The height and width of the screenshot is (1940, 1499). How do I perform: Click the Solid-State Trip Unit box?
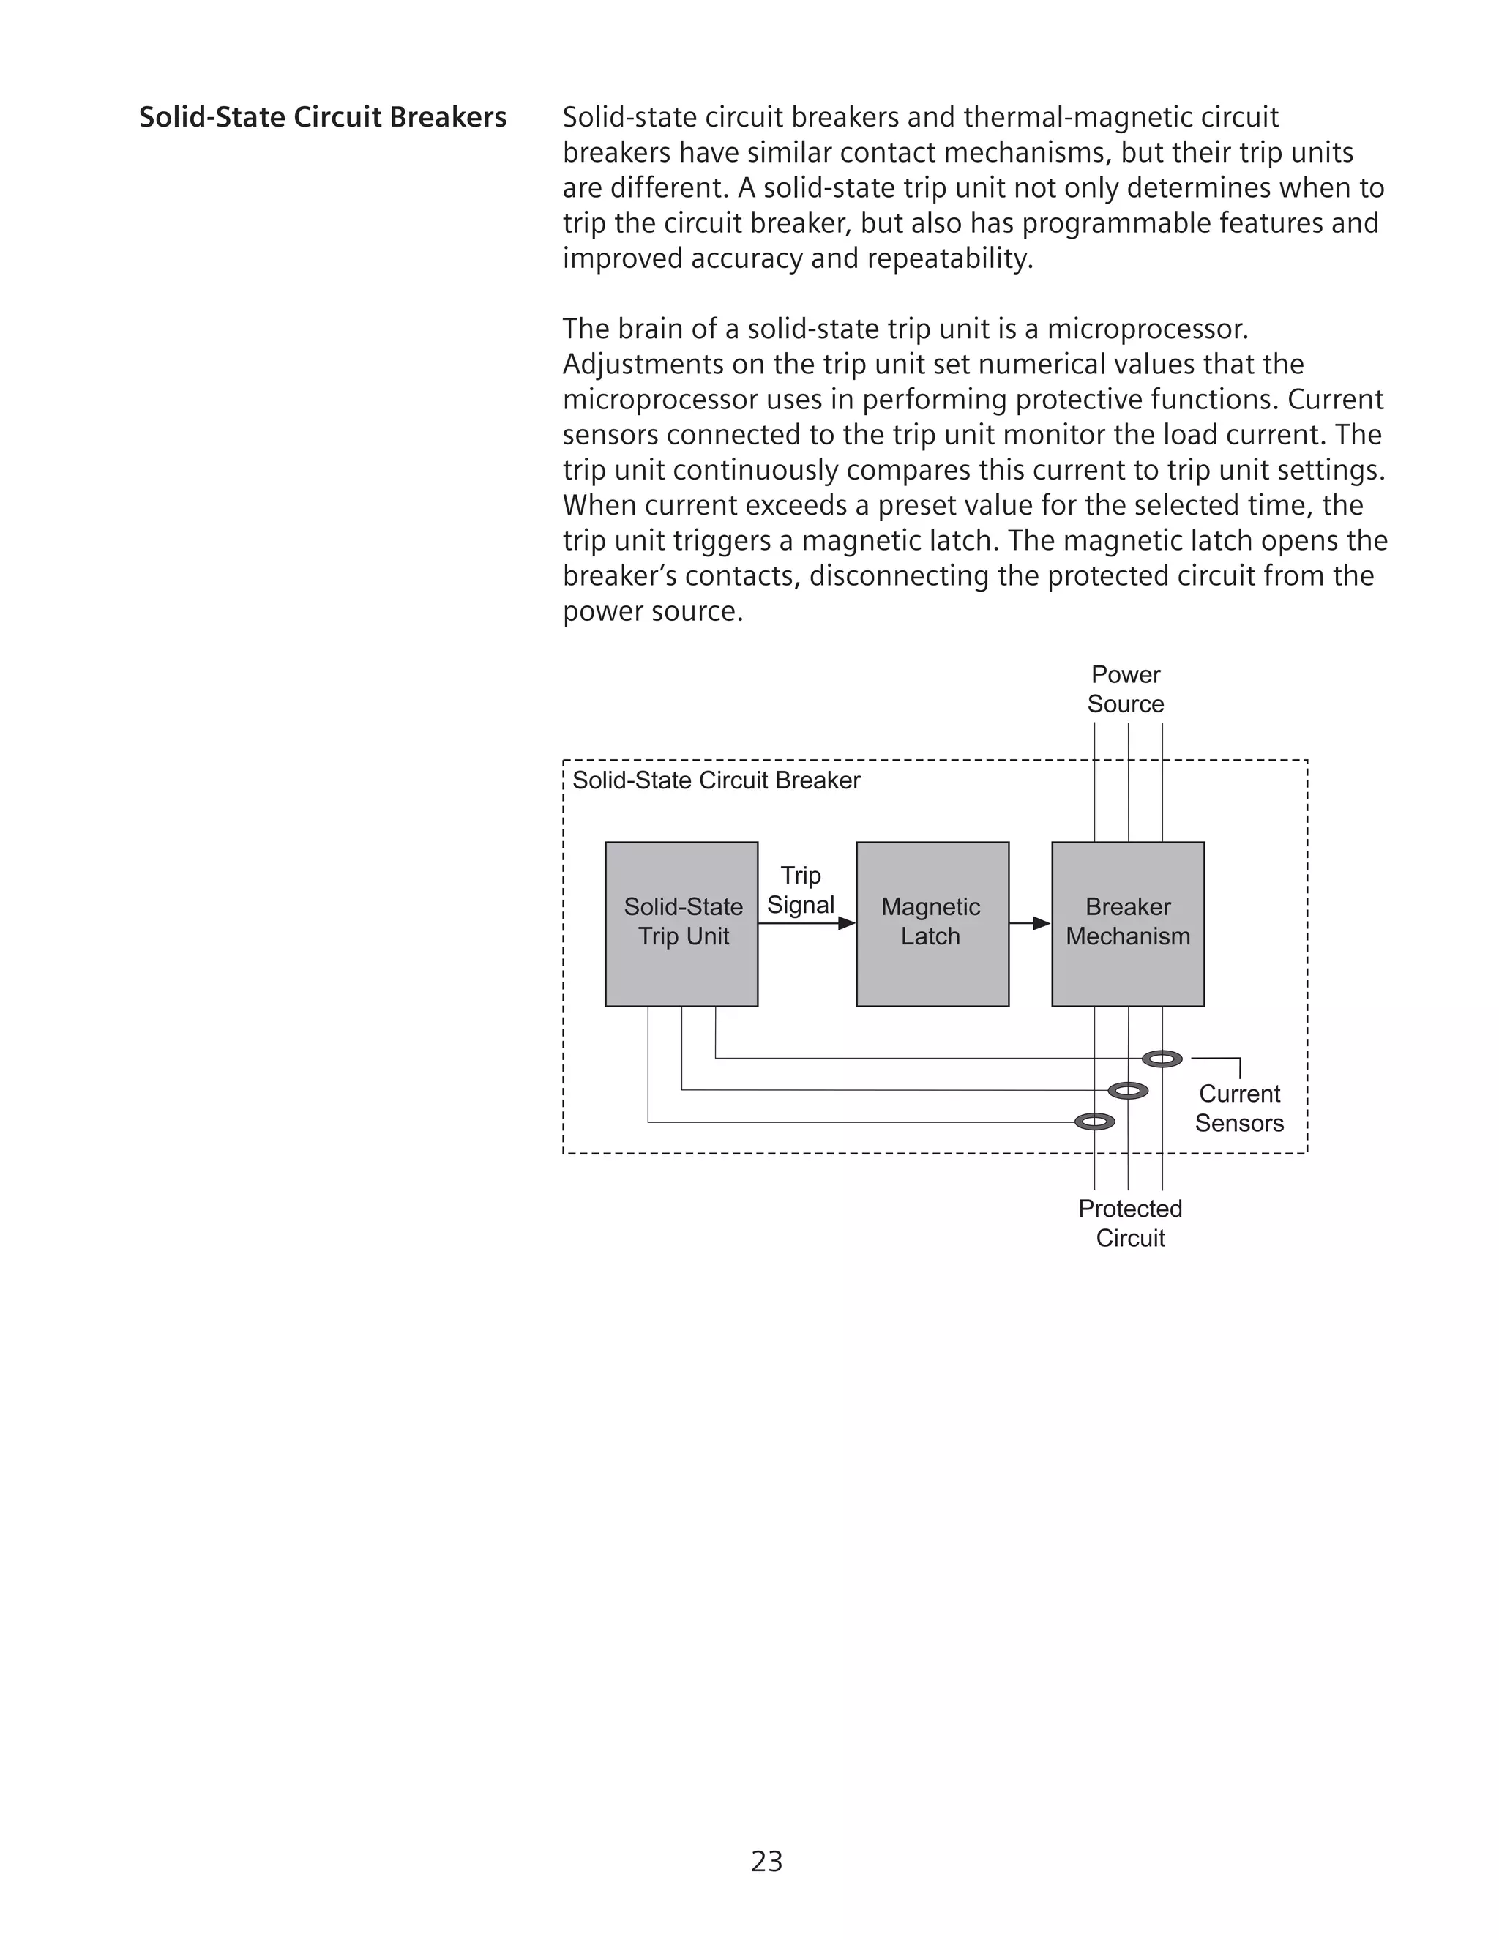click(x=681, y=924)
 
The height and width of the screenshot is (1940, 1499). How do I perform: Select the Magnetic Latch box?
click(x=932, y=924)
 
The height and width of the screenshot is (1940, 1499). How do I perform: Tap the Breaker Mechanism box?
click(x=1128, y=924)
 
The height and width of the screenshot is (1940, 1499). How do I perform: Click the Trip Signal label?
click(x=800, y=890)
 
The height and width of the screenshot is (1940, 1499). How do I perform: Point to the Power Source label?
click(x=1125, y=690)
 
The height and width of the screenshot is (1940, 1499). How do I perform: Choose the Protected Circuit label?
click(x=1129, y=1223)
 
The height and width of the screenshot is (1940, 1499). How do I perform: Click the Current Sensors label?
click(x=1239, y=1108)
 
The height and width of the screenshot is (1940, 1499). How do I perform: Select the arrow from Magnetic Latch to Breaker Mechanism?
click(x=1030, y=924)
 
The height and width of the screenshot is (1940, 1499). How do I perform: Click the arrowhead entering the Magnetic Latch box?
click(x=846, y=924)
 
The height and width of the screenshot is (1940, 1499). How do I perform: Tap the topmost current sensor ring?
click(x=1162, y=1059)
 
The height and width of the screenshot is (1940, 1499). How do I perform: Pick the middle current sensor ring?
click(x=1128, y=1091)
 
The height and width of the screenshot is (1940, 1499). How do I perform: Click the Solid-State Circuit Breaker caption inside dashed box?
click(x=716, y=781)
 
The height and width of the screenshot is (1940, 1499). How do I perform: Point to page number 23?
click(x=766, y=1861)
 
